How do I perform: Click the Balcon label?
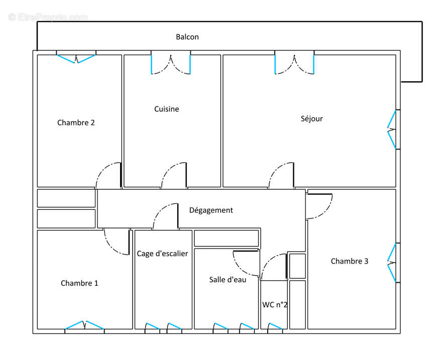187,37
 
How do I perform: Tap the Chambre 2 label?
76,123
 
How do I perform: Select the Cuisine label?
166,109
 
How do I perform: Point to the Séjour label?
311,119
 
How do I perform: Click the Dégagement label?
211,210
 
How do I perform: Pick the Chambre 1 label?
79,283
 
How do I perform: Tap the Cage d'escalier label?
162,254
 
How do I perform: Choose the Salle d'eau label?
228,280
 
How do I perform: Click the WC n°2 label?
275,305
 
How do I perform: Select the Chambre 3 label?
349,261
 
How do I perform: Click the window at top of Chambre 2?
76,58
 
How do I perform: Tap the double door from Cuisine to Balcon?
171,63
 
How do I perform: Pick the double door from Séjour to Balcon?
294,63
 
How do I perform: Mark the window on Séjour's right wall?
392,130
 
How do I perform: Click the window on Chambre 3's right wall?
392,263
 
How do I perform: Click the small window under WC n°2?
275,327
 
